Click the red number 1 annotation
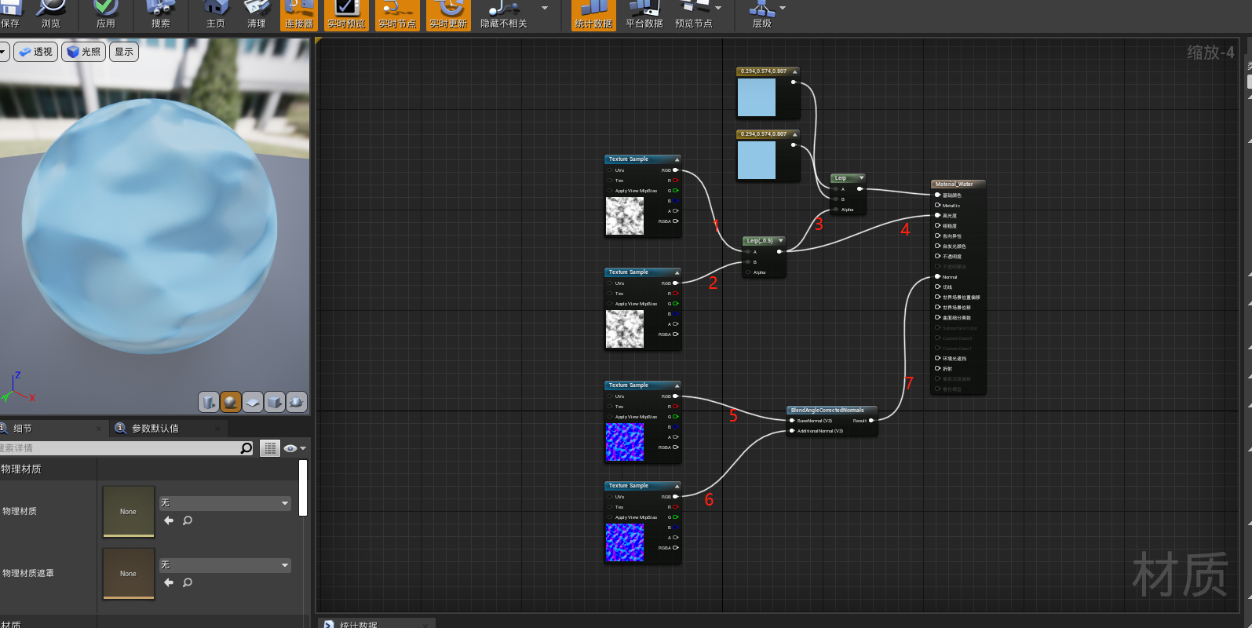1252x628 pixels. click(716, 225)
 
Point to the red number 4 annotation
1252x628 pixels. click(905, 229)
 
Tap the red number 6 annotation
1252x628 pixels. click(709, 499)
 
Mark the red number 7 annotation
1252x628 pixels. click(909, 383)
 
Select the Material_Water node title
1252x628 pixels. click(954, 184)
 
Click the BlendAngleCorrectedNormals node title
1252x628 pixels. click(827, 410)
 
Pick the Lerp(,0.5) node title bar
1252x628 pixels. click(760, 241)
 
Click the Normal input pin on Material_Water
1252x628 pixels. click(938, 276)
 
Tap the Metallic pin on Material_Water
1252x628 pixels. click(938, 206)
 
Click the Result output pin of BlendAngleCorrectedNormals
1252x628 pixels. click(871, 421)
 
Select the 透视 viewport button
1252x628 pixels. click(36, 52)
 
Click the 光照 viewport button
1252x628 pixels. click(84, 52)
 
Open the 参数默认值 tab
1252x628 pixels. click(155, 429)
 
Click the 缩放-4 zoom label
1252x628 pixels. click(1210, 53)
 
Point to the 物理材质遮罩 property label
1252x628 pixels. click(28, 574)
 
